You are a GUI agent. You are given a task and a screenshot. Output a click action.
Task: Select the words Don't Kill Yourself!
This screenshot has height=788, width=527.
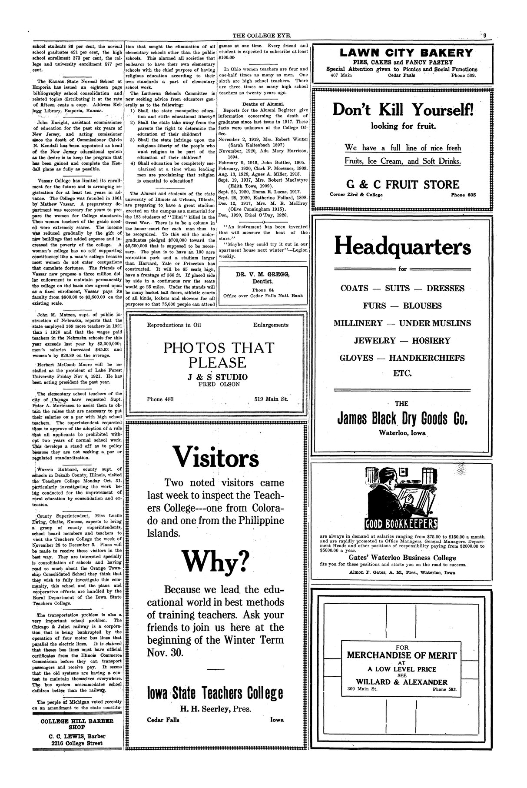pyautogui.click(x=403, y=110)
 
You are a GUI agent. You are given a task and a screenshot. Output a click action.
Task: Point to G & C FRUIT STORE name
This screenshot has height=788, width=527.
pyautogui.click(x=403, y=184)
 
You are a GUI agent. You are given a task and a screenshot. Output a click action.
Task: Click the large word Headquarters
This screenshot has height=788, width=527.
pyautogui.click(x=402, y=247)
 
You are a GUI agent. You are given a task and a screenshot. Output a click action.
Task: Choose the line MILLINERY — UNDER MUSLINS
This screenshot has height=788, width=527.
pyautogui.click(x=402, y=323)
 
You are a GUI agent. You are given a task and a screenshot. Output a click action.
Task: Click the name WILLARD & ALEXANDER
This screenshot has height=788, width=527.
pyautogui.click(x=401, y=682)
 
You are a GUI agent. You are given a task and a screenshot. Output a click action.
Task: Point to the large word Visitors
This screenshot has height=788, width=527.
pyautogui.click(x=216, y=457)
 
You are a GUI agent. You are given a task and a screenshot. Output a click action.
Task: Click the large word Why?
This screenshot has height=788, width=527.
pyautogui.click(x=216, y=561)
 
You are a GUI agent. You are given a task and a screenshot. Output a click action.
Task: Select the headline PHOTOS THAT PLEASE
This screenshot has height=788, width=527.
pyautogui.click(x=219, y=355)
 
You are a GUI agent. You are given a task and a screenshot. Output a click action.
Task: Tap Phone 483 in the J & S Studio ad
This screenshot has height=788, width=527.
pyautogui.click(x=161, y=399)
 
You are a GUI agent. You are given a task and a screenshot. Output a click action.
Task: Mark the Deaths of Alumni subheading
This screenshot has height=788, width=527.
pyautogui.click(x=263, y=104)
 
